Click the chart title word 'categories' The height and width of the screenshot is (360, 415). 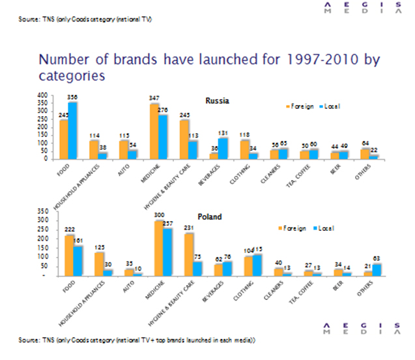click(x=72, y=76)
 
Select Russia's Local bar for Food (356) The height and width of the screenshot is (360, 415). click(x=73, y=130)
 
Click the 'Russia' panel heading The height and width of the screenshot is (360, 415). click(x=217, y=101)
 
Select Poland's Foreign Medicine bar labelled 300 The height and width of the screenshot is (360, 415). click(x=158, y=248)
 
